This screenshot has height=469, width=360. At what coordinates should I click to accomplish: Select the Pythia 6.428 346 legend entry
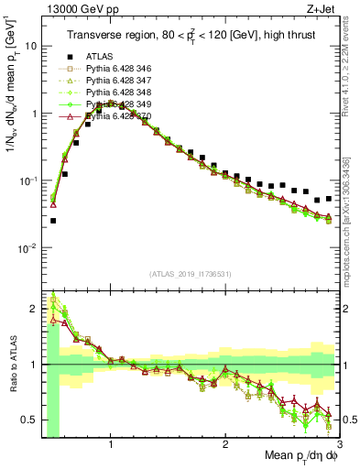pyautogui.click(x=115, y=68)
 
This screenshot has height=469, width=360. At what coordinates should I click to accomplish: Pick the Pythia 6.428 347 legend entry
pyautogui.click(x=115, y=80)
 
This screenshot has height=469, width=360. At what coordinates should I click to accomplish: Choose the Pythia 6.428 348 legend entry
pyautogui.click(x=115, y=93)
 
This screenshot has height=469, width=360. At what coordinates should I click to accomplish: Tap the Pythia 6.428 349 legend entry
pyautogui.click(x=115, y=104)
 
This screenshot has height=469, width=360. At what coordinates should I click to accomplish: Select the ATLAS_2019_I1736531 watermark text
pyautogui.click(x=190, y=273)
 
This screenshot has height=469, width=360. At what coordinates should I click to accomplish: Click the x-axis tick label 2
pyautogui.click(x=225, y=447)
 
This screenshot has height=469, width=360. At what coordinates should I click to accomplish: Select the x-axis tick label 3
pyautogui.click(x=338, y=447)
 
